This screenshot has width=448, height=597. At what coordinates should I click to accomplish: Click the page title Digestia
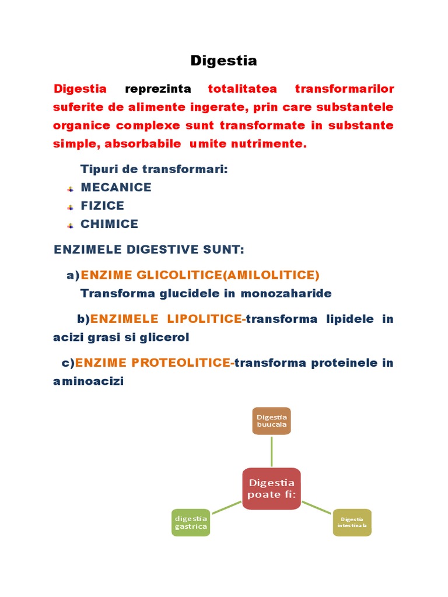point(224,61)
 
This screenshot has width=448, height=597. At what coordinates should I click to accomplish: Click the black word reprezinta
point(157,89)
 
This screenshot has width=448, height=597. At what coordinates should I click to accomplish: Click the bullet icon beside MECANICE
point(70,188)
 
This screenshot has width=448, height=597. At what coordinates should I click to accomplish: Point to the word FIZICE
point(102,206)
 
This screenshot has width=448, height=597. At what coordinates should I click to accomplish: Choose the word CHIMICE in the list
point(109,224)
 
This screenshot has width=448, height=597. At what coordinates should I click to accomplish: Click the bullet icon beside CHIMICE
point(70,225)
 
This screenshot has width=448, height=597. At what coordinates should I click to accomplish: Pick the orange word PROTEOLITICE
point(183,363)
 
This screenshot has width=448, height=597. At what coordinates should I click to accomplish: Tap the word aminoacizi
point(88,381)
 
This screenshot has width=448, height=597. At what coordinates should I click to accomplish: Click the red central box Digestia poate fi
point(271,489)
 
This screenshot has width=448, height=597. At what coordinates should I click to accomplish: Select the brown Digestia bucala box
point(271,421)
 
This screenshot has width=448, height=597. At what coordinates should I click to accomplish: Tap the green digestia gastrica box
point(191,522)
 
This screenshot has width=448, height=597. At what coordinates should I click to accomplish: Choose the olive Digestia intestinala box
point(352,522)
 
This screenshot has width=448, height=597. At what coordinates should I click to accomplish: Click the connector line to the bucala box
point(271,451)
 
